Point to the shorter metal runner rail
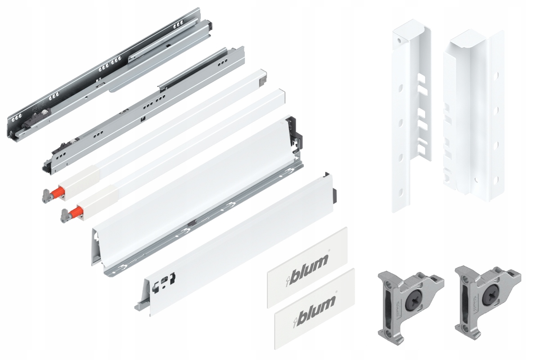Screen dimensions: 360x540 144,108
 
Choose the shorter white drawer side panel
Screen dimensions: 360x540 234,247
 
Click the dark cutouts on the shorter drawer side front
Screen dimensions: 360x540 164,281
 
